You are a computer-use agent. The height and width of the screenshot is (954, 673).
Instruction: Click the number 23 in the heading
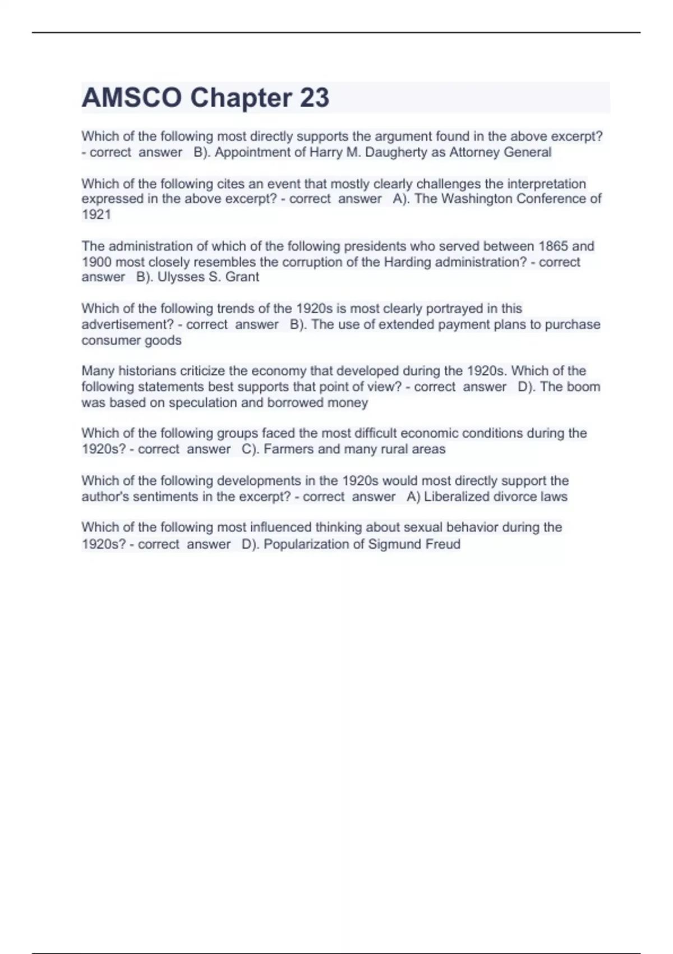[x=314, y=98]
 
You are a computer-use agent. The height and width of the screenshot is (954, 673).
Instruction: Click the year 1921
[x=96, y=214]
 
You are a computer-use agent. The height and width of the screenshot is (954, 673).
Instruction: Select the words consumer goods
[x=131, y=340]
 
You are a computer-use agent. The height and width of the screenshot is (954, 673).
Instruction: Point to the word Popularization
[x=302, y=544]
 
